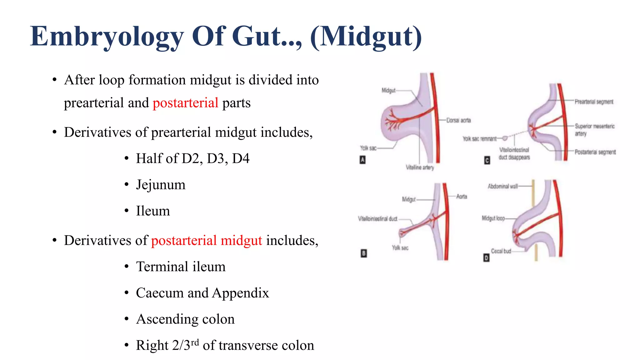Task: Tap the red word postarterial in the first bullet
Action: (185, 103)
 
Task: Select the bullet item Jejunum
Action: (161, 185)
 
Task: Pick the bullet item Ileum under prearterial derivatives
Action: (153, 211)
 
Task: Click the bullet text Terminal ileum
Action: (181, 267)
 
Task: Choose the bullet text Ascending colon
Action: (185, 319)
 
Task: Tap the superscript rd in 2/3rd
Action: (195, 342)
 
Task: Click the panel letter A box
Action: (362, 160)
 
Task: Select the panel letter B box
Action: (363, 253)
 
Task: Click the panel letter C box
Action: (487, 160)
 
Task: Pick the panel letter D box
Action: (486, 258)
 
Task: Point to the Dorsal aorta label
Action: (458, 120)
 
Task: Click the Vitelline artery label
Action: (420, 167)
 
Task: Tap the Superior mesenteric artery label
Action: (594, 130)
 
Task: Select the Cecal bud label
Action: (501, 251)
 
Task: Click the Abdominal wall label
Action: (502, 186)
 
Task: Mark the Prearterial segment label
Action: (594, 102)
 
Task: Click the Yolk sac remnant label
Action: (479, 139)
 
